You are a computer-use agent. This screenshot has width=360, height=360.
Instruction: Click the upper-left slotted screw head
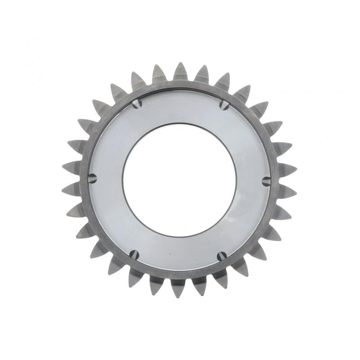point(137,103)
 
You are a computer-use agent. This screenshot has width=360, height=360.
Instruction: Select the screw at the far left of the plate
point(93,178)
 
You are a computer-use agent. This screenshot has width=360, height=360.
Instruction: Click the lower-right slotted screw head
point(221,256)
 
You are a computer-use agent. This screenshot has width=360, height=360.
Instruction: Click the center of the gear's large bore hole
point(179,179)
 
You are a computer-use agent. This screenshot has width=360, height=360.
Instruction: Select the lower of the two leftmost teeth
point(72,189)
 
